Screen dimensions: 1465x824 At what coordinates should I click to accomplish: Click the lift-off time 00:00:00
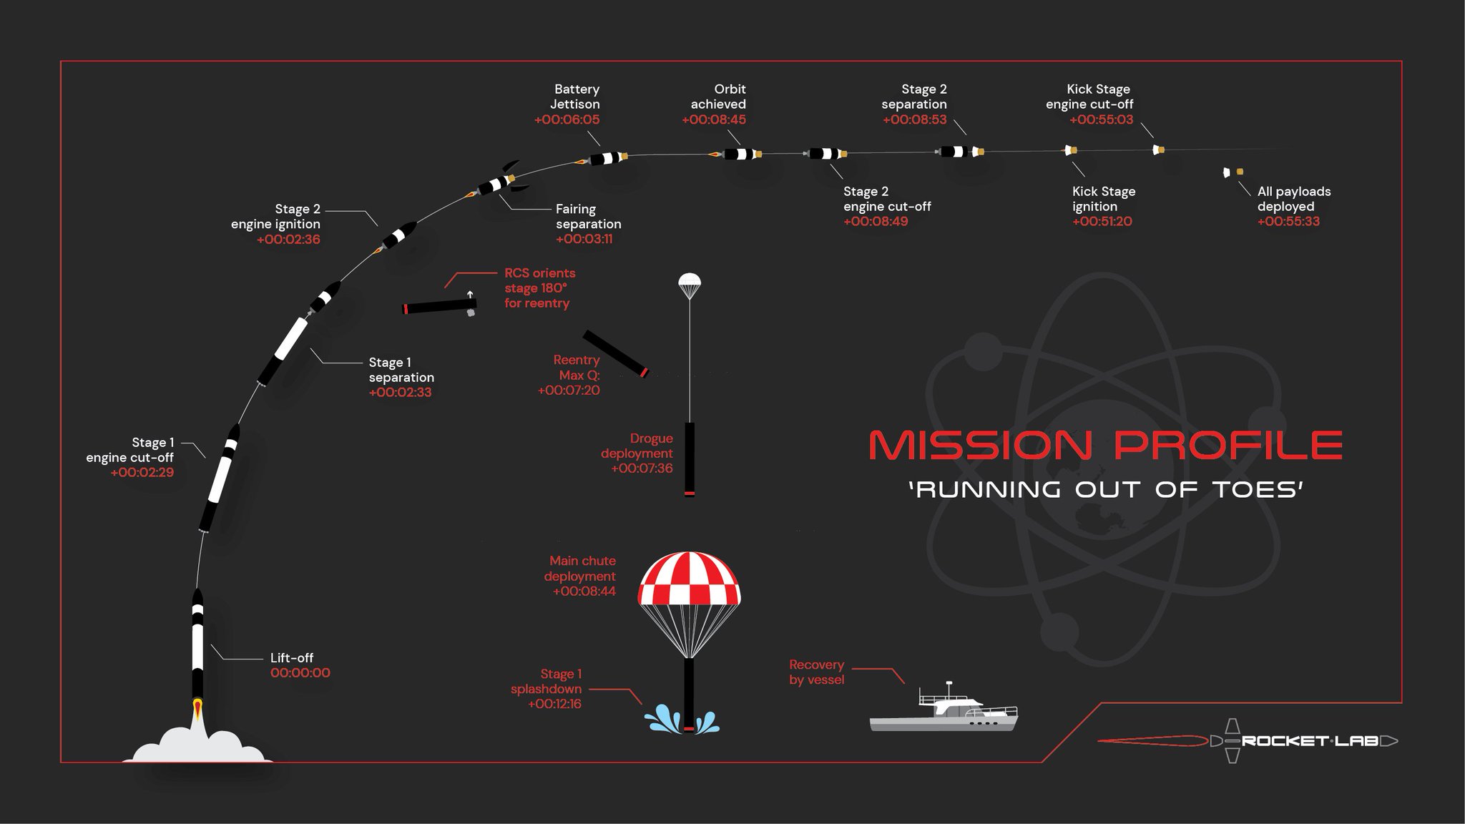tap(300, 673)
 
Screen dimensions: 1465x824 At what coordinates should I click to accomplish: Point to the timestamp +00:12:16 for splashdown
tap(554, 704)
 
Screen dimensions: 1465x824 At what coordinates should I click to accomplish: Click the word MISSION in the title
tap(980, 445)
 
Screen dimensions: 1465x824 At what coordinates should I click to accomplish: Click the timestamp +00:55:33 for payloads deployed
tap(1288, 222)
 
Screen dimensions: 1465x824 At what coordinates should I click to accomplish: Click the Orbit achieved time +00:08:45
tap(714, 120)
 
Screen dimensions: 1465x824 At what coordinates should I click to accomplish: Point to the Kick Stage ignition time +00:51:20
tap(1102, 222)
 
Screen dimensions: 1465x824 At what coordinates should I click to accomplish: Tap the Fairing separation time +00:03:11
tap(584, 239)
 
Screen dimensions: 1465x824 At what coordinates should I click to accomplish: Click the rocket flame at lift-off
tap(197, 710)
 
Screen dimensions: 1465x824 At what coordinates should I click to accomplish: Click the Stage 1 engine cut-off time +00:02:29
tap(142, 473)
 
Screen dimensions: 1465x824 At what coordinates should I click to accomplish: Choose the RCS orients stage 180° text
tap(539, 288)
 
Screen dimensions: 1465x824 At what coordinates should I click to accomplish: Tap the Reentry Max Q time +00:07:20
tap(569, 391)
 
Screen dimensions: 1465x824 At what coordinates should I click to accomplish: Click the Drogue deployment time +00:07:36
tap(642, 469)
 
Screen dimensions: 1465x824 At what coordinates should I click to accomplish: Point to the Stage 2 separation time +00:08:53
tap(914, 120)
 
